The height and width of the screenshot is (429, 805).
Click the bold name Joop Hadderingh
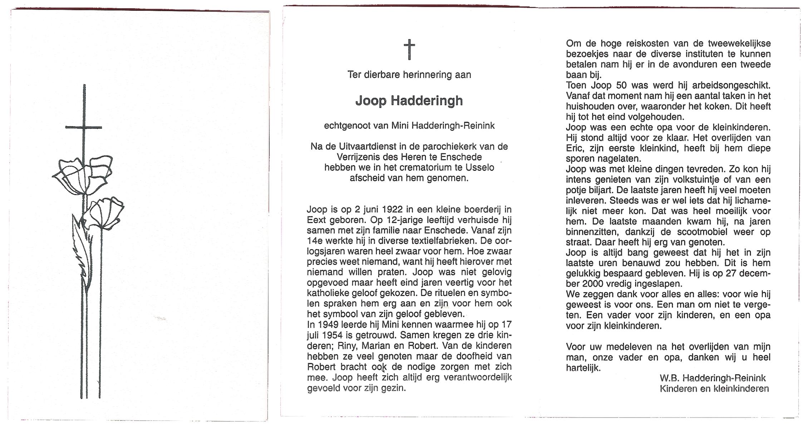tap(409, 101)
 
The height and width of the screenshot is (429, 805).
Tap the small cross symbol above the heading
tap(409, 49)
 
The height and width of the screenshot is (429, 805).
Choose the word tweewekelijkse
tap(739, 44)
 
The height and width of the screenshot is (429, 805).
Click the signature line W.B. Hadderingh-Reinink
tap(712, 378)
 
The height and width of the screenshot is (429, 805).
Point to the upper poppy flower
tap(84, 175)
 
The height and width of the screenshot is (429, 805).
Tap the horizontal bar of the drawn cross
tap(84, 127)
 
